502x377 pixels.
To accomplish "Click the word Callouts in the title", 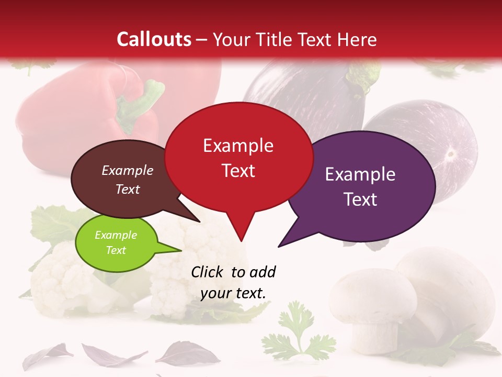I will [154, 39].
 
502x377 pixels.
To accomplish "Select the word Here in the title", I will [357, 39].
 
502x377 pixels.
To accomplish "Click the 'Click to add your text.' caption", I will [233, 283].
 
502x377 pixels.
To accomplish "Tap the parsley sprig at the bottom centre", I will [296, 335].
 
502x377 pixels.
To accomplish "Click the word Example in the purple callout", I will [360, 174].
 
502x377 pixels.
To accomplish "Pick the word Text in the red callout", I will [238, 171].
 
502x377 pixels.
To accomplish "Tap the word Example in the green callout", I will [116, 235].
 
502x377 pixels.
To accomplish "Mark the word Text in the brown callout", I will [128, 190].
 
